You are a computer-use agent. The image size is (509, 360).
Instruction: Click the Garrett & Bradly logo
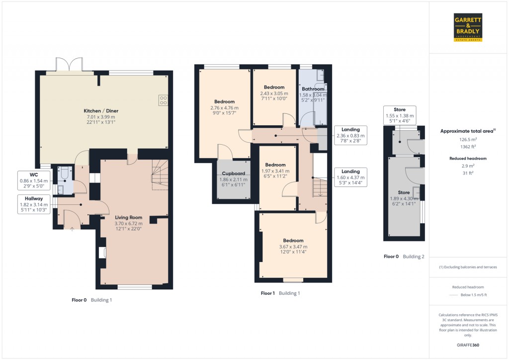pos(469,26)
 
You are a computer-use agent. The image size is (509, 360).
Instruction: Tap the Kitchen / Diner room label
pos(101,110)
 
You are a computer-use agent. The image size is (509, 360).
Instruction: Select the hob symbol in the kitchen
pos(163,100)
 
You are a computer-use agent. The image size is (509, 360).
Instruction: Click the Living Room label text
pos(129,217)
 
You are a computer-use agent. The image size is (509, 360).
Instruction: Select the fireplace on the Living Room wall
pos(102,253)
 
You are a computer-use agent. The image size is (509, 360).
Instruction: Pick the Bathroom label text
pos(313,89)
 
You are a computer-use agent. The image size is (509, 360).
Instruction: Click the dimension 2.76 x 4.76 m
pos(225,107)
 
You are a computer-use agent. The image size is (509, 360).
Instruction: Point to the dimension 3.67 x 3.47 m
pos(293,247)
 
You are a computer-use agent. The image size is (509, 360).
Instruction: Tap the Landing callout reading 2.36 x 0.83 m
pos(351,135)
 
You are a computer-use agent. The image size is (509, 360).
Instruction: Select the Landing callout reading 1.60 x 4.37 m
pos(351,177)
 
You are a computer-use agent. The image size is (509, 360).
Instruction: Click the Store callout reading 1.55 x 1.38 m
pos(400,115)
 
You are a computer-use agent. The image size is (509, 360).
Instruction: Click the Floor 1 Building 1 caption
pos(280,293)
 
